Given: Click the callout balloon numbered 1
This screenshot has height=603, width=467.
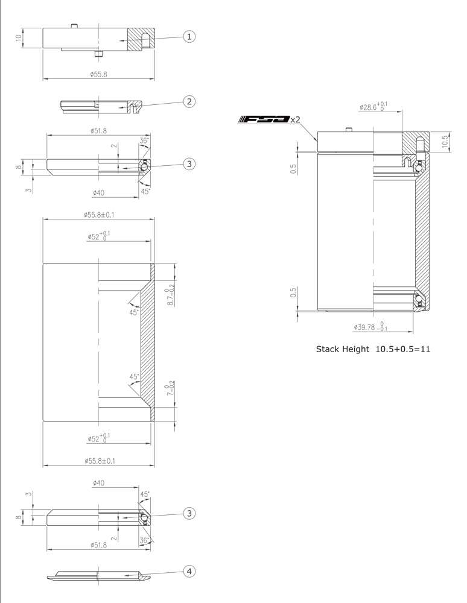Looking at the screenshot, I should (189, 37).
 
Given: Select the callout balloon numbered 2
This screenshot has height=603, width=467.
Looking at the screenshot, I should (189, 101).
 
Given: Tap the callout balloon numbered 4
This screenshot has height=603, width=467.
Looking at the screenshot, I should (189, 570).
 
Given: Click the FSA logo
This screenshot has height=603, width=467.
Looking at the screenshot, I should (264, 119).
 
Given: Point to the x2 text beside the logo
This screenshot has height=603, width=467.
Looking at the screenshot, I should (296, 120).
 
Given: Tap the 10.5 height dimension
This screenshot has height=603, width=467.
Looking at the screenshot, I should (446, 141).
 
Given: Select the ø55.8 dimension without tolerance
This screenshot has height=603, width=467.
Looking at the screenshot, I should (98, 74).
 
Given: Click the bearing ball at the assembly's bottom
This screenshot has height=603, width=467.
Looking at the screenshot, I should (418, 299).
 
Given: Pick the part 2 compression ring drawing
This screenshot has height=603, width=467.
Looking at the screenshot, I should (101, 106).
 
